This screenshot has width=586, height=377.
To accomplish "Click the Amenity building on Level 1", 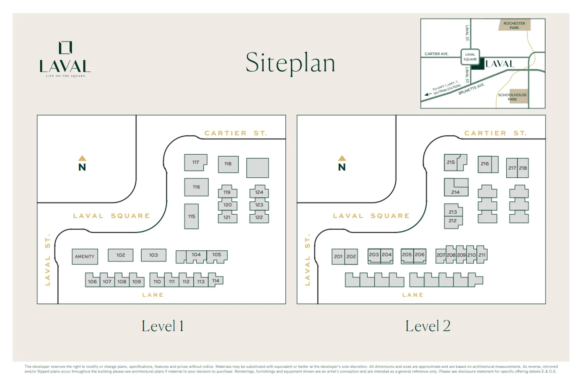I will (x=85, y=257).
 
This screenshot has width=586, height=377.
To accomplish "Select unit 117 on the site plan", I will (x=195, y=162).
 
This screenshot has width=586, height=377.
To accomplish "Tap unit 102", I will (x=120, y=255).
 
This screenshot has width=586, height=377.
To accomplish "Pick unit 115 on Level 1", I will (x=191, y=216).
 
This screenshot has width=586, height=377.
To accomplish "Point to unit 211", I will (x=482, y=255).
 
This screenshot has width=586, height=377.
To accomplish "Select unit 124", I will (x=259, y=192).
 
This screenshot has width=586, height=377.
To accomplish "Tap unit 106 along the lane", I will (x=92, y=281).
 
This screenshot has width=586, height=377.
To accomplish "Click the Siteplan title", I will (x=290, y=63).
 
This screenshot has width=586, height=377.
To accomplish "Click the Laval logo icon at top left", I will (x=65, y=48).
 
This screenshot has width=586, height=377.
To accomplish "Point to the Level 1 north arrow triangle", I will (x=82, y=158).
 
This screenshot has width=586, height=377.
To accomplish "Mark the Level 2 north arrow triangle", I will (x=342, y=158).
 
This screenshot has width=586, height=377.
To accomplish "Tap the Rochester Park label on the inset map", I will (x=514, y=25).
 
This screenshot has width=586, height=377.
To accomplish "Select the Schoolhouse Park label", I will (x=512, y=97).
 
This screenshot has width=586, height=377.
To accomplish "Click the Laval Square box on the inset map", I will (x=470, y=57).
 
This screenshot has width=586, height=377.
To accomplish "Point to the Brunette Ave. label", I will (x=471, y=89).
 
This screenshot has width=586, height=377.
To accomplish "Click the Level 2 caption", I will (x=428, y=326).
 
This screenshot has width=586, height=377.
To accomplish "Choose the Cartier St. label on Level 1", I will (x=235, y=133).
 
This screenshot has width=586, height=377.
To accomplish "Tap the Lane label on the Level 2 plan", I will (x=413, y=295).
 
